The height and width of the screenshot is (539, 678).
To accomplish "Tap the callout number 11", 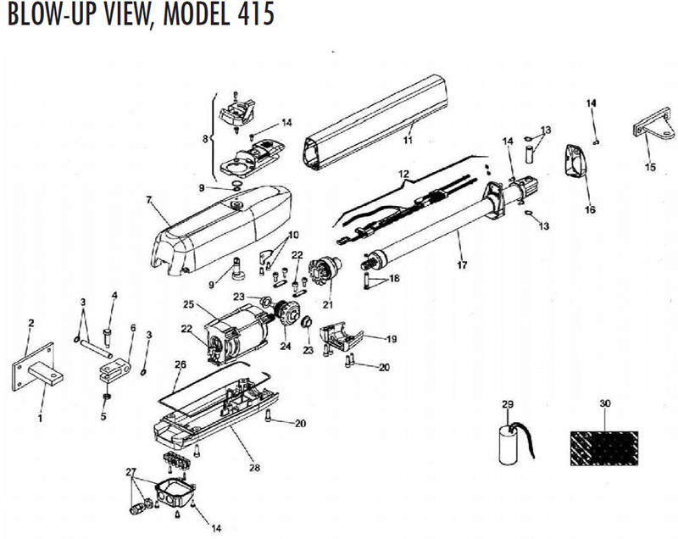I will click(x=408, y=139).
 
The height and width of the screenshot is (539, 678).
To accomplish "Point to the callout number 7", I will click(x=147, y=200).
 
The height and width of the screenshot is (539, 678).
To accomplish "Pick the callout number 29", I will click(x=508, y=405).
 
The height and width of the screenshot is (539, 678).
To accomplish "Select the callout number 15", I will click(x=651, y=168).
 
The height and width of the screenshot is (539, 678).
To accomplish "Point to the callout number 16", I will click(x=590, y=208).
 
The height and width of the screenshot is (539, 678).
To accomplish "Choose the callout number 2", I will click(x=31, y=323).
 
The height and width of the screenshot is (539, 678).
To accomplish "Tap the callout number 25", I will click(x=188, y=304).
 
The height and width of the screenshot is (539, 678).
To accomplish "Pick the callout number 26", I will click(x=179, y=365).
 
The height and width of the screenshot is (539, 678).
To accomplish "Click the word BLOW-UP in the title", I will click(x=53, y=15).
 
